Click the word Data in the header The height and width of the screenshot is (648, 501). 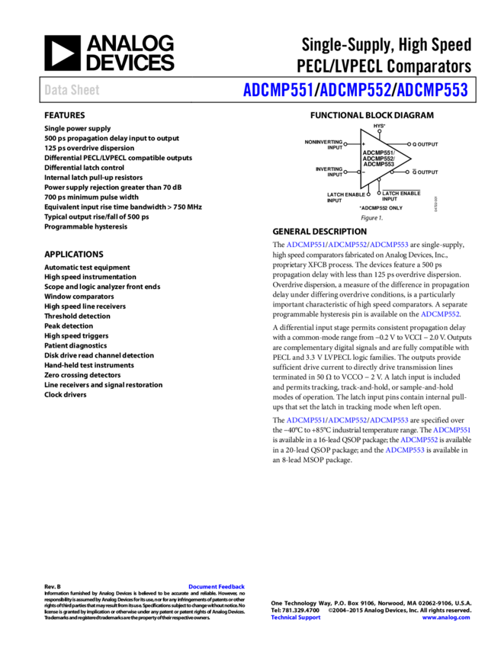pyautogui.click(x=54, y=90)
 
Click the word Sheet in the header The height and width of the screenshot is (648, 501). pyautogui.click(x=85, y=90)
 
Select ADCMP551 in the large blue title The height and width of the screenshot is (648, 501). pyautogui.click(x=278, y=90)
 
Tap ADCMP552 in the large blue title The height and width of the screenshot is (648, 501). pyautogui.click(x=355, y=90)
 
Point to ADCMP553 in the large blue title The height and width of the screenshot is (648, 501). pyautogui.click(x=432, y=90)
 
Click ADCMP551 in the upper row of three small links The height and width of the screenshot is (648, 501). pyautogui.click(x=305, y=245)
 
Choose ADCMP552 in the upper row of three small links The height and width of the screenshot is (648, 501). pyautogui.click(x=347, y=245)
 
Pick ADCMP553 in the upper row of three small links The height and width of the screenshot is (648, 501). pyautogui.click(x=389, y=245)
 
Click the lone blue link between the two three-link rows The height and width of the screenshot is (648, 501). pyautogui.click(x=440, y=314)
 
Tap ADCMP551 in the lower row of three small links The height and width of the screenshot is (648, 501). pyautogui.click(x=305, y=420)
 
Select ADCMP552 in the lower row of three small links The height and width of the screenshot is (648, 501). pyautogui.click(x=347, y=420)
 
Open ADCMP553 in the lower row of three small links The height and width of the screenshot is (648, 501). pyautogui.click(x=389, y=420)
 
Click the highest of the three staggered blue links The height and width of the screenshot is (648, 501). pyautogui.click(x=451, y=430)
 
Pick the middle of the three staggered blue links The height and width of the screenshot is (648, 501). pyautogui.click(x=419, y=440)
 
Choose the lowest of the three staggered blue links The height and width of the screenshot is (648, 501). pyautogui.click(x=405, y=450)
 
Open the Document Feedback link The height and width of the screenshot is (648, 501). pyautogui.click(x=217, y=586)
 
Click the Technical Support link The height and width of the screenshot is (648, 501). pyautogui.click(x=296, y=618)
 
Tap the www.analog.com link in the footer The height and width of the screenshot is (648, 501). pyautogui.click(x=446, y=618)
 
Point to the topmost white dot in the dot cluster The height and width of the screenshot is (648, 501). pyautogui.click(x=379, y=131)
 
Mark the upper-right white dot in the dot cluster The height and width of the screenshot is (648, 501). pyautogui.click(x=409, y=144)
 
